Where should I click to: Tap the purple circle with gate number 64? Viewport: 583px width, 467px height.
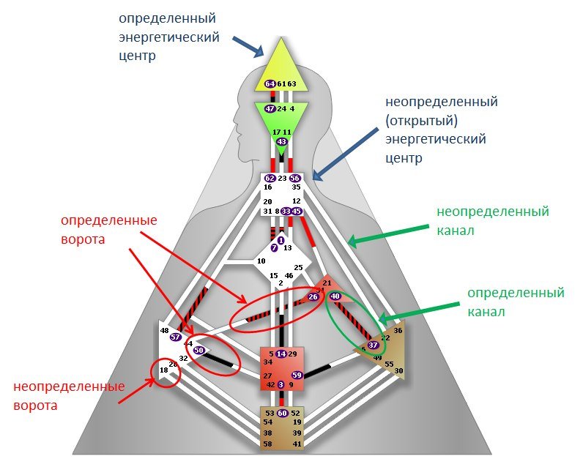270,84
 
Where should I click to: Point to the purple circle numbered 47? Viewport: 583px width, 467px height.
270,108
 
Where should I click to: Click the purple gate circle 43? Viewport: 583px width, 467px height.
281,142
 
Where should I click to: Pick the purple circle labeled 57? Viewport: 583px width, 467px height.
176,337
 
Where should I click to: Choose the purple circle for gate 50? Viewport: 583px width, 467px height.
198,351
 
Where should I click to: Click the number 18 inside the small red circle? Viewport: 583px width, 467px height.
163,371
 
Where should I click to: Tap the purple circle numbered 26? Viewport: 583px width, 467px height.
313,296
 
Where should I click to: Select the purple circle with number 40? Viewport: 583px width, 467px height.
335,296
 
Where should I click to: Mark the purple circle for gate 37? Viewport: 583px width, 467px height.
372,345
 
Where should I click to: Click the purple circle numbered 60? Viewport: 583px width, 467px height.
282,414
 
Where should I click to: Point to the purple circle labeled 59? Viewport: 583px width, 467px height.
297,376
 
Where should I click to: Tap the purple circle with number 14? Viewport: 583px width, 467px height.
281,354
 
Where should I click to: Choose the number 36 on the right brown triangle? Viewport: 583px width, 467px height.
398,331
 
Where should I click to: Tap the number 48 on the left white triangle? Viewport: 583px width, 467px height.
164,331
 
